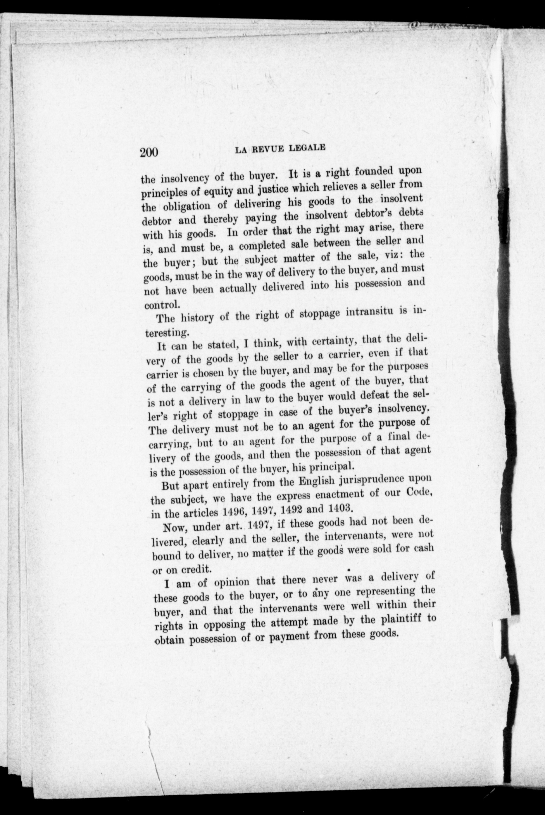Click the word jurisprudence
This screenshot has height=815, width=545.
coord(381,480)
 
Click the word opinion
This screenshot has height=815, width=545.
coord(232,583)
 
